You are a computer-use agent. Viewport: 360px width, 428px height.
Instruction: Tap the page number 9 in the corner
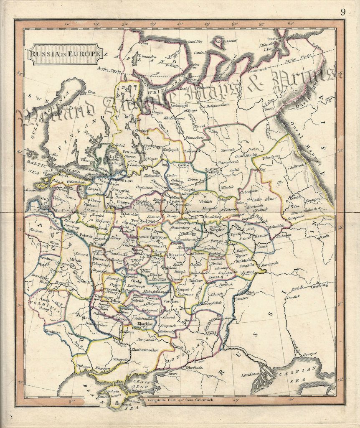tap(343, 12)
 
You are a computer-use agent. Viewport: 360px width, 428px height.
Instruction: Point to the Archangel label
tap(174, 106)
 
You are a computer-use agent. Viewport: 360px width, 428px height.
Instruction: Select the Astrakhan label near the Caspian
tap(251, 375)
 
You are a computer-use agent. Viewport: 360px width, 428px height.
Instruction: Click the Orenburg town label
tap(321, 287)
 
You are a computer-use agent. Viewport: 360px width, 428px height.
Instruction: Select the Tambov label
tap(196, 281)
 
